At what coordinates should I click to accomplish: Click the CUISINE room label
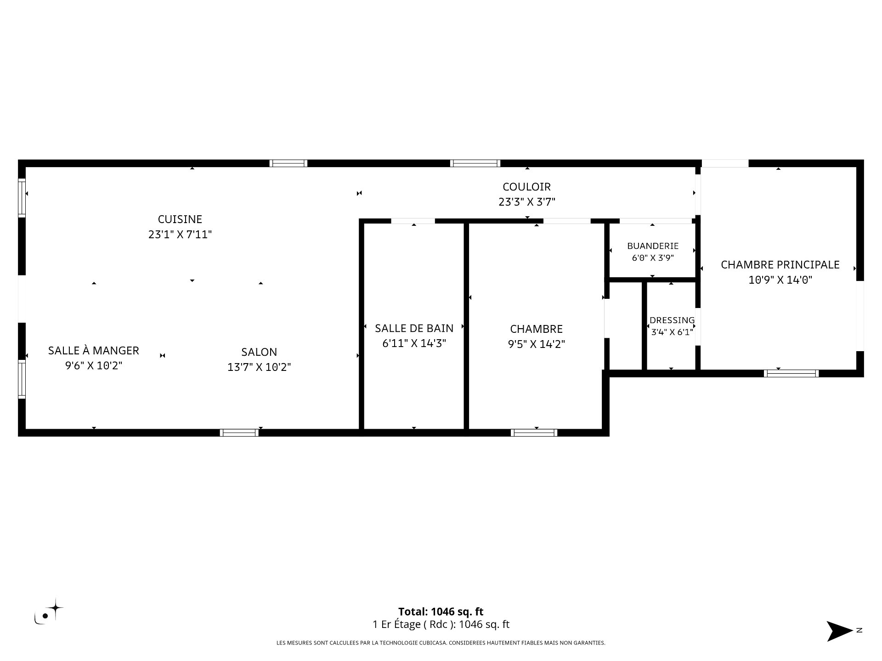click(180, 219)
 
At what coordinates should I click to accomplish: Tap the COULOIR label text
click(526, 187)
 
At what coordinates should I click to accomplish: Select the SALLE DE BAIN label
click(414, 328)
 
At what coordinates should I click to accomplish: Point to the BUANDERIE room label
click(653, 246)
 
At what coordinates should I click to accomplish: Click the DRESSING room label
click(672, 320)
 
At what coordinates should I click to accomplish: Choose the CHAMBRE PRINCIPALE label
click(780, 265)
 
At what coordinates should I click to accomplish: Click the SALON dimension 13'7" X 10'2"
click(259, 367)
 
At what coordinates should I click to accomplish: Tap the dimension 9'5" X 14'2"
click(536, 344)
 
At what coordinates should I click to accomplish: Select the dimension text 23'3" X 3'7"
click(527, 202)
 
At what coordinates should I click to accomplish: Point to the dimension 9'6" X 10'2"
click(94, 366)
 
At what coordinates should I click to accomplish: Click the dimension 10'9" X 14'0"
click(780, 280)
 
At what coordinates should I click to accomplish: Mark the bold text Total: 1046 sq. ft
click(441, 611)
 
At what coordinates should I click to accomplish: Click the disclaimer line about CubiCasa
click(441, 643)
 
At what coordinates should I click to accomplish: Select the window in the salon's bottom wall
click(239, 432)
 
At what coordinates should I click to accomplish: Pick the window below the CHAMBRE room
click(534, 432)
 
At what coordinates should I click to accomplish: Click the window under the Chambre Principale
click(791, 373)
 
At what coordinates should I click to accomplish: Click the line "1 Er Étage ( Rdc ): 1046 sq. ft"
click(441, 624)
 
